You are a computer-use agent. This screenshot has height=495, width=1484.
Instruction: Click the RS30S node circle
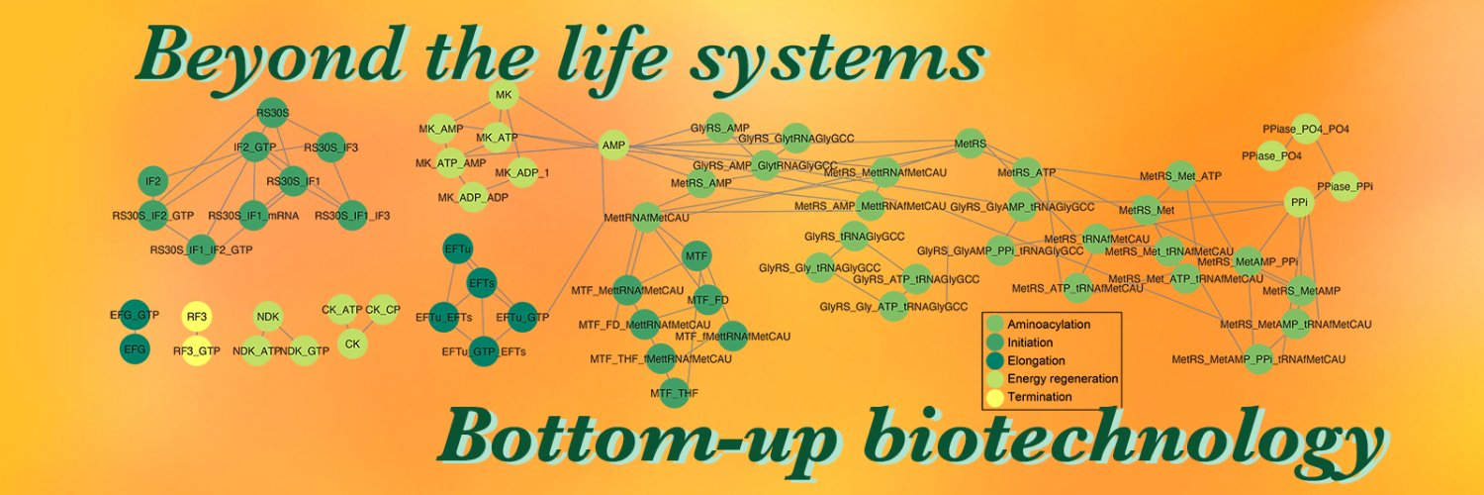point(272,113)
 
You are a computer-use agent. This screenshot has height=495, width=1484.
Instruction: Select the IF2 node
point(153,181)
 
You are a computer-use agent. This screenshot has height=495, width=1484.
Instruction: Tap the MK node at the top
point(504,95)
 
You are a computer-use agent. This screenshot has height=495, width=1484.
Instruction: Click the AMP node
point(614,147)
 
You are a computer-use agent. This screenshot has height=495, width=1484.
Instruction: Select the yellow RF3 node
point(197,317)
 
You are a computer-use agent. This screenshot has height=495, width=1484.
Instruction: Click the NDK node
point(268,317)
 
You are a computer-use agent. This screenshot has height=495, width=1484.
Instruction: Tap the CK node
point(352,344)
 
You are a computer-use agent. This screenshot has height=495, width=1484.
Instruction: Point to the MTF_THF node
point(675,393)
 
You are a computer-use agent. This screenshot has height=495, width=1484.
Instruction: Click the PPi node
point(1300,201)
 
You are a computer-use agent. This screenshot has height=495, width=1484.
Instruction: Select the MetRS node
point(971,145)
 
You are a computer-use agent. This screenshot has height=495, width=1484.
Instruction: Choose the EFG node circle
point(135,349)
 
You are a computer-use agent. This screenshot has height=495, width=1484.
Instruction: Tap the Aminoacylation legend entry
point(1048,325)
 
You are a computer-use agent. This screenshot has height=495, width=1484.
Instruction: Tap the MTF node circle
point(697,256)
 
